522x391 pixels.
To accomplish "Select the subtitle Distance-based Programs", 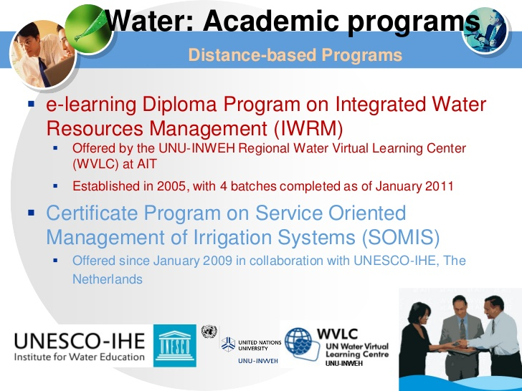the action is point(295,55).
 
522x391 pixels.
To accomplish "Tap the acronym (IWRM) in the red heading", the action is point(308,129).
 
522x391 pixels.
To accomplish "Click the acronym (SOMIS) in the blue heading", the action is point(401,238).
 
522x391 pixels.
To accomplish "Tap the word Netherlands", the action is point(108,279).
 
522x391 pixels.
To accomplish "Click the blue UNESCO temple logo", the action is point(175,346).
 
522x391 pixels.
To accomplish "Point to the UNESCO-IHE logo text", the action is point(80,347).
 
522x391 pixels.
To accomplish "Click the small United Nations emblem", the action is point(209,332).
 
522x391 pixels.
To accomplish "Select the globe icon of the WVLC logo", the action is point(299,343).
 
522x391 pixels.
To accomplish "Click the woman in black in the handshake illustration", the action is point(419,342).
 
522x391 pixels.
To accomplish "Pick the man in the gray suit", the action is point(461,336).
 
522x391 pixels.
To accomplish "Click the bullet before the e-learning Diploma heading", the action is point(32,105).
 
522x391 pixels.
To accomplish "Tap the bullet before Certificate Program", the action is point(32,213).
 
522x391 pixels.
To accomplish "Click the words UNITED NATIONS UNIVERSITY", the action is point(260,345).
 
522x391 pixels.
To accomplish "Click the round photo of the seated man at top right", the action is point(485,30).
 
